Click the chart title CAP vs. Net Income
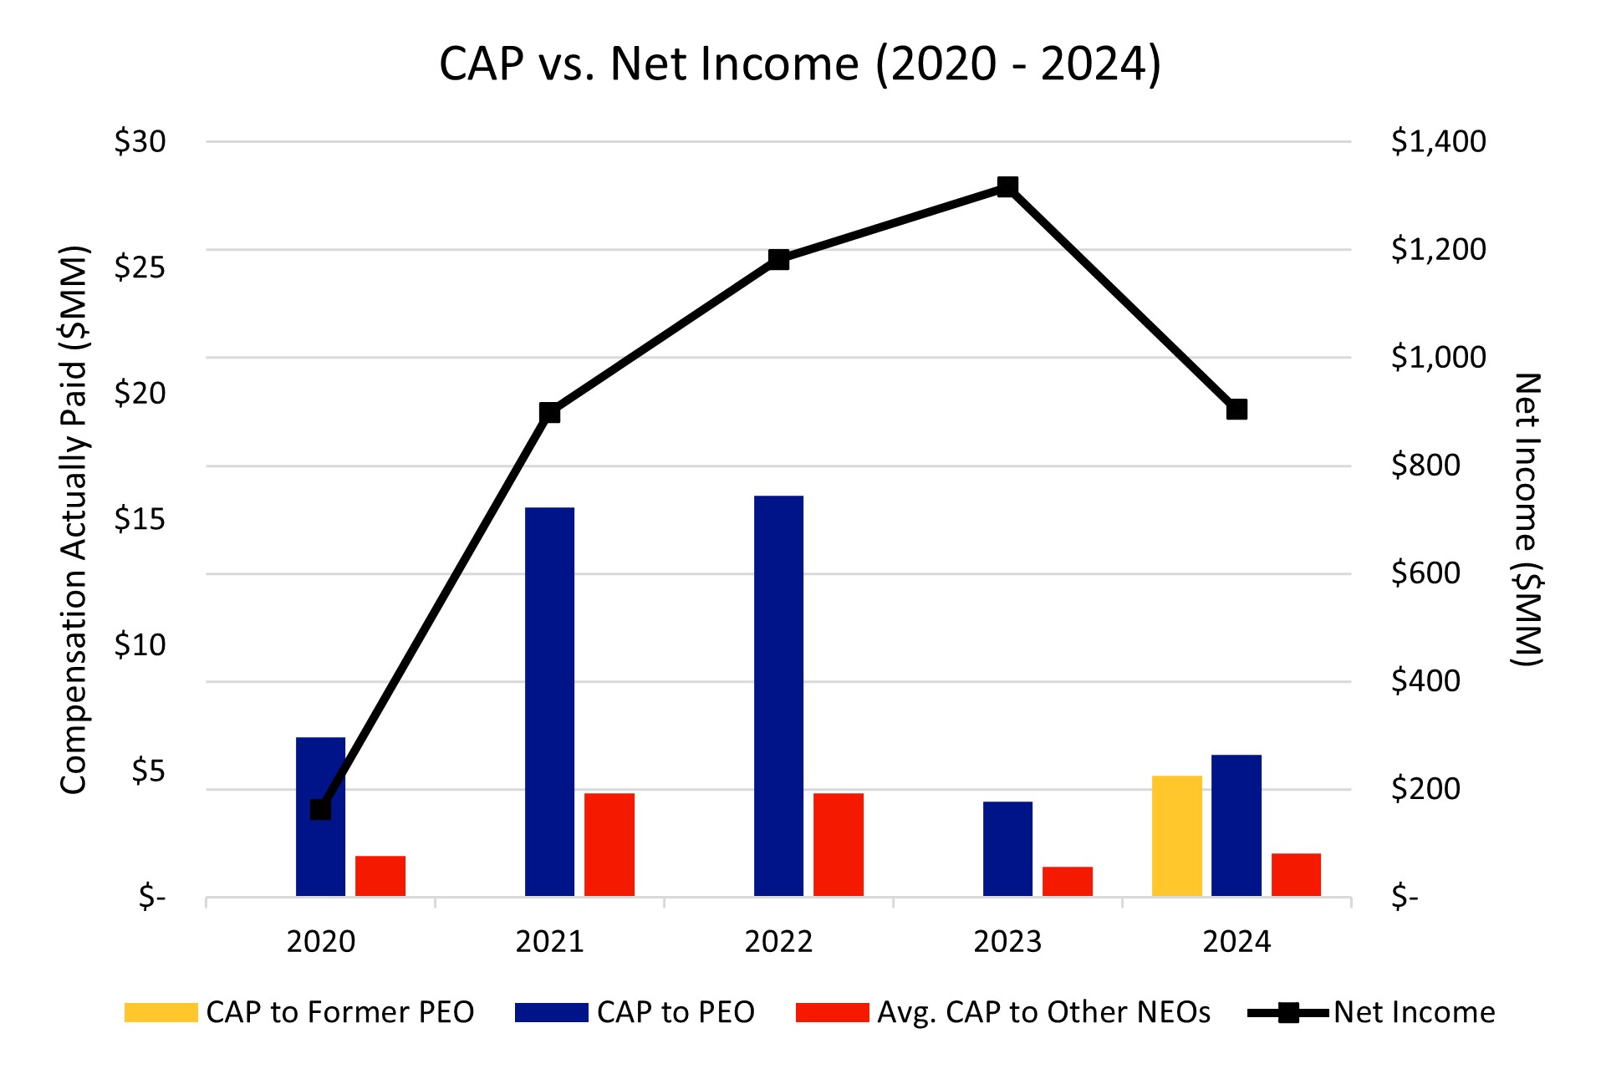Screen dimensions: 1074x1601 coord(800,64)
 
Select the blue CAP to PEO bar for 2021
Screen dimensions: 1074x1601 coord(549,702)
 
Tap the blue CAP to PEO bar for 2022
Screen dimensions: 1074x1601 coord(778,696)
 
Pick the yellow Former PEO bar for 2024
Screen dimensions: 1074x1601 coord(1176,836)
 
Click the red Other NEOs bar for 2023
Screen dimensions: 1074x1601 coord(1067,882)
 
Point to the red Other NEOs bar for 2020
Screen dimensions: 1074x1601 coord(380,876)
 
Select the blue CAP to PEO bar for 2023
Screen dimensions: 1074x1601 coord(1007,849)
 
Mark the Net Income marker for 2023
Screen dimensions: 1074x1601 coord(1007,186)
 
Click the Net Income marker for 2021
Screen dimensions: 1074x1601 coord(549,412)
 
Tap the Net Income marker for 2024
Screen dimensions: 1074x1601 coord(1236,410)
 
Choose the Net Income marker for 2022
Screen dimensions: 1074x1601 coord(778,259)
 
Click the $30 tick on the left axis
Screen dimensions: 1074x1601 coord(140,142)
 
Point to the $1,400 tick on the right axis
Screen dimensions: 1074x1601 coord(1438,142)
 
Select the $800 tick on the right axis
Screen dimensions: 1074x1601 coord(1425,466)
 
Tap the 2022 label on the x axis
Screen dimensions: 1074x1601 coord(778,942)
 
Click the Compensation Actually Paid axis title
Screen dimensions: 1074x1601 coord(74,519)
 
